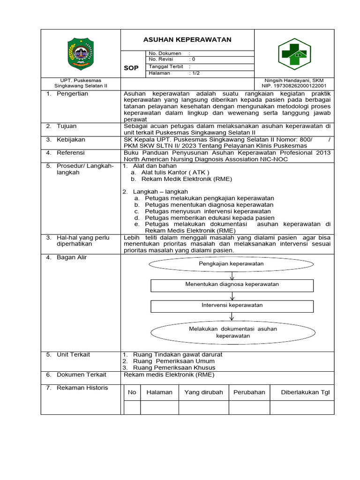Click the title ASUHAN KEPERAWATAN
(187, 40)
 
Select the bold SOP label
(131, 68)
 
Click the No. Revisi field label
(161, 60)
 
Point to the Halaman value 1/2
(196, 73)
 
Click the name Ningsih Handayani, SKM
(294, 81)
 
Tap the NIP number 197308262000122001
(294, 86)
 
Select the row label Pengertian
(72, 94)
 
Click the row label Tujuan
(67, 126)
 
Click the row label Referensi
(71, 153)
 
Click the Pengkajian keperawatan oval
(231, 264)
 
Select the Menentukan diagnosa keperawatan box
(232, 285)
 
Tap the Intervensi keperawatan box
(232, 306)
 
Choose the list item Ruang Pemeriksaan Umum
(174, 361)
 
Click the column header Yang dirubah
(203, 392)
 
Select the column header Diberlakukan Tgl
(305, 392)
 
